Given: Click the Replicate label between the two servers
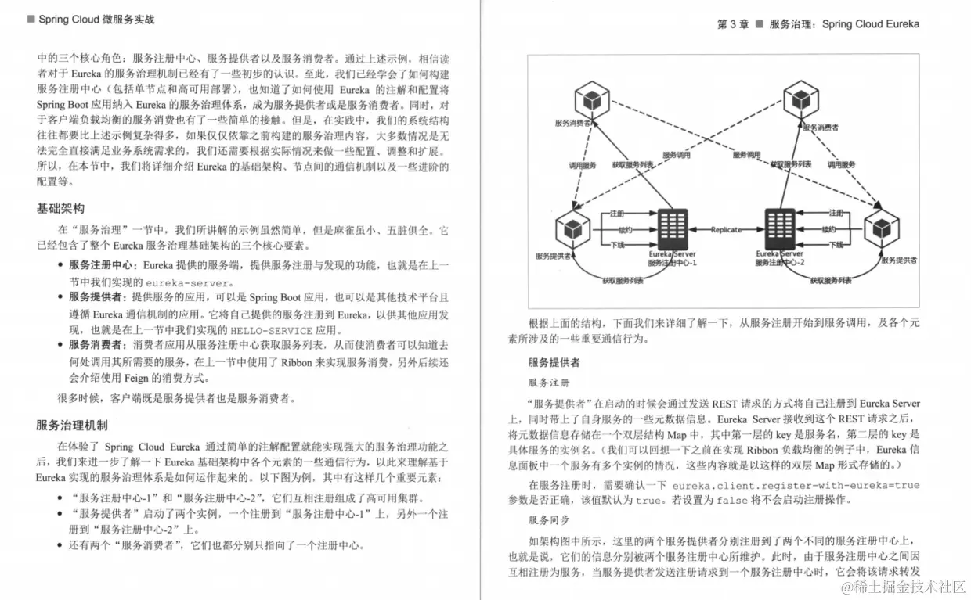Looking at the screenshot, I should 727,229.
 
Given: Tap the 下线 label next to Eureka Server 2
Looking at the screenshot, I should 836,245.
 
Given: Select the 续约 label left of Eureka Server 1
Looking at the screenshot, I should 623,229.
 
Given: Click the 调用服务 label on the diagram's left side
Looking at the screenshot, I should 582,166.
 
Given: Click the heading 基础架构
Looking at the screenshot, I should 60,209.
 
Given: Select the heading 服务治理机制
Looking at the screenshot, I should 71,425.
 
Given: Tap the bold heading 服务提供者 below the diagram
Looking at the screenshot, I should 555,363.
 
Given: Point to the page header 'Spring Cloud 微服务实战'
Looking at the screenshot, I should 96,19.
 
